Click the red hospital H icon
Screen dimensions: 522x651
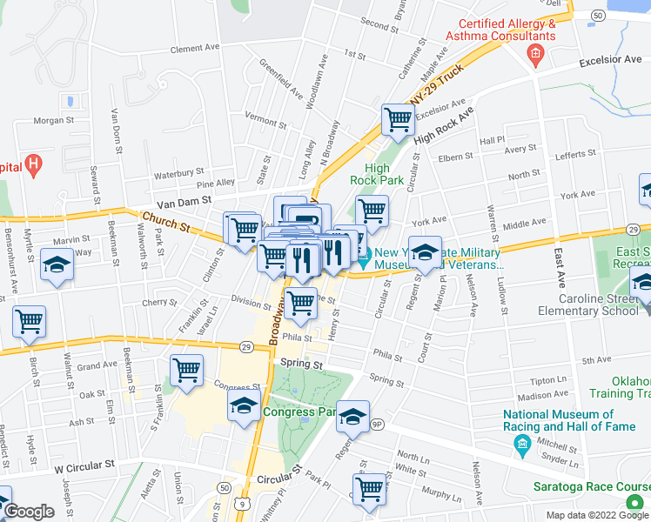(33, 163)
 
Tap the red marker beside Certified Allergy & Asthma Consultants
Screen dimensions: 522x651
(535, 57)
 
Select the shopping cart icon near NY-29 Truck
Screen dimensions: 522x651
(398, 122)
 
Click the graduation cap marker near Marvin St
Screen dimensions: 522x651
(57, 266)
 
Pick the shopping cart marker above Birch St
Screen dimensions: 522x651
(29, 322)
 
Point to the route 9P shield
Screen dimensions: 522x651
(376, 425)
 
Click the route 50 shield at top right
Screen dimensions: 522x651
(598, 16)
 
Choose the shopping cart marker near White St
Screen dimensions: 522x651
(370, 489)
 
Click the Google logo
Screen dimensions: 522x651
(29, 512)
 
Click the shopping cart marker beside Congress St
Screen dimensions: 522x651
(186, 370)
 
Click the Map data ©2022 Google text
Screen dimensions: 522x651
(597, 514)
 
